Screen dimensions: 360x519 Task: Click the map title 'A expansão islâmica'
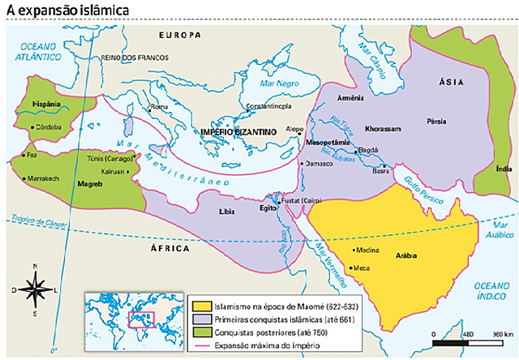[58, 10]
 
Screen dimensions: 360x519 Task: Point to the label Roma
[159, 107]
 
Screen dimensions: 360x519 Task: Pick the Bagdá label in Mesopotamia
[368, 151]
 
